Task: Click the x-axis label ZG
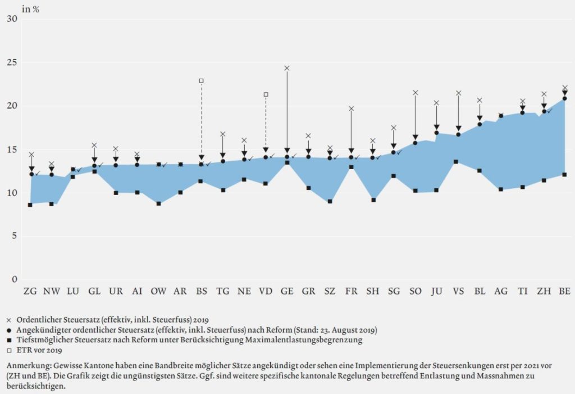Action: [x=30, y=291]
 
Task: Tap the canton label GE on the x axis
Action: [x=287, y=291]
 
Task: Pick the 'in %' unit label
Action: [x=30, y=9]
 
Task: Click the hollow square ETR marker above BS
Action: [x=202, y=80]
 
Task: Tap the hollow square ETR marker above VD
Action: [x=266, y=94]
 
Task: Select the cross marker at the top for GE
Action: [x=287, y=68]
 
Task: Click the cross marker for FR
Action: [x=352, y=108]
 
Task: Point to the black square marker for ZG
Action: [x=30, y=205]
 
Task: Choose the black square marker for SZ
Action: [x=330, y=201]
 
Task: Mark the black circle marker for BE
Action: [x=565, y=98]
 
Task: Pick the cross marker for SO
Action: [x=416, y=93]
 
